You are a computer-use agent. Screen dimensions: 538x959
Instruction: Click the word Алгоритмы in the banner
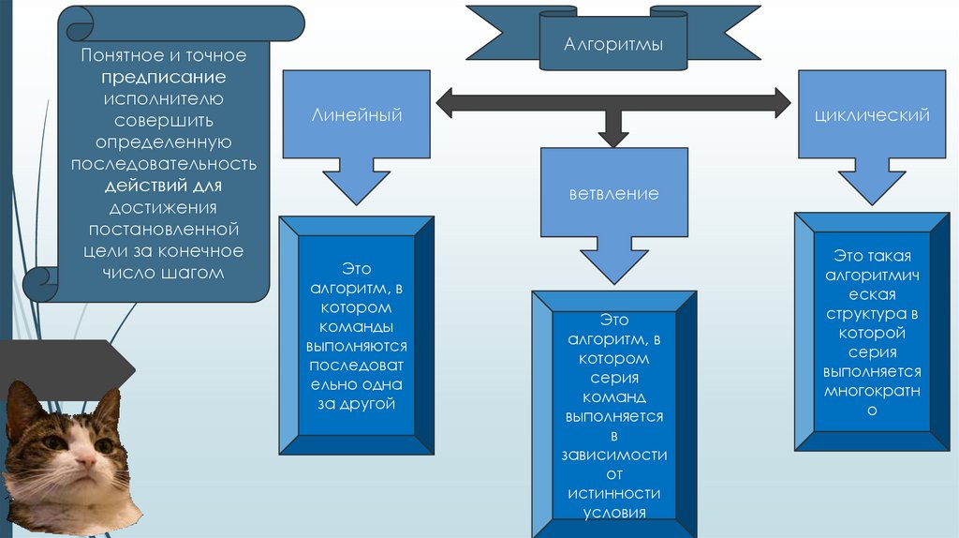pyautogui.click(x=613, y=44)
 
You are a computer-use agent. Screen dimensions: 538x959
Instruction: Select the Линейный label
pyautogui.click(x=357, y=115)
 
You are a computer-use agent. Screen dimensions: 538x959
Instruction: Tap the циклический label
pyautogui.click(x=872, y=115)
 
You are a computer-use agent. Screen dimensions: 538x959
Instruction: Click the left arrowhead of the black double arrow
pyautogui.click(x=446, y=102)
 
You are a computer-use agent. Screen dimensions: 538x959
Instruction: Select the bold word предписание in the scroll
pyautogui.click(x=164, y=77)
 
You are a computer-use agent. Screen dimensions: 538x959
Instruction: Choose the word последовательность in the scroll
pyautogui.click(x=164, y=164)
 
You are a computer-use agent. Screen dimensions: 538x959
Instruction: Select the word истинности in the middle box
pyautogui.click(x=613, y=493)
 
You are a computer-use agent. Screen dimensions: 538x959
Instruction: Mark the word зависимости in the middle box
pyautogui.click(x=613, y=455)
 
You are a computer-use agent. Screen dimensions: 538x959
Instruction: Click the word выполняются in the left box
pyautogui.click(x=357, y=346)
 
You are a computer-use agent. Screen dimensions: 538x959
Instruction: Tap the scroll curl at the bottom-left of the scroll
pyautogui.click(x=38, y=279)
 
